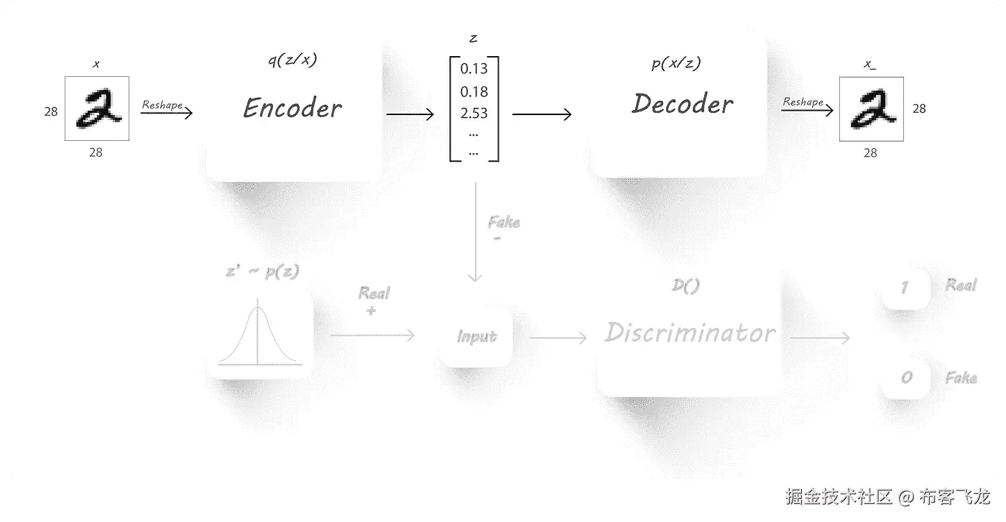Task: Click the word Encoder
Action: tap(292, 109)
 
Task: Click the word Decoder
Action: tap(683, 104)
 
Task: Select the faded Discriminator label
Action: tap(690, 332)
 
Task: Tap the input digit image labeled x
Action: tap(97, 109)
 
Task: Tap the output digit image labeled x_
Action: tap(871, 109)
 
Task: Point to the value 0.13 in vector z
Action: tap(474, 69)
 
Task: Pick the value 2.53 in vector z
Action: tap(474, 113)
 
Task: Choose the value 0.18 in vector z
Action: tap(474, 91)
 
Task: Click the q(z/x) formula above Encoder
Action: tap(291, 60)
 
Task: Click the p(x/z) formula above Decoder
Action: tap(675, 63)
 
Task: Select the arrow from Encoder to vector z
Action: tap(410, 114)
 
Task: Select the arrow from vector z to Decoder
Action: tap(542, 114)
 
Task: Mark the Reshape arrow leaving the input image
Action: tap(167, 113)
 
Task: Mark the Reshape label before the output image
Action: tap(803, 102)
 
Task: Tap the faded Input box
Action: tap(477, 336)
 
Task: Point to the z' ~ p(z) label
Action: tap(262, 272)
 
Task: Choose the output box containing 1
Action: tap(905, 288)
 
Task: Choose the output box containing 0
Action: tap(906, 377)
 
